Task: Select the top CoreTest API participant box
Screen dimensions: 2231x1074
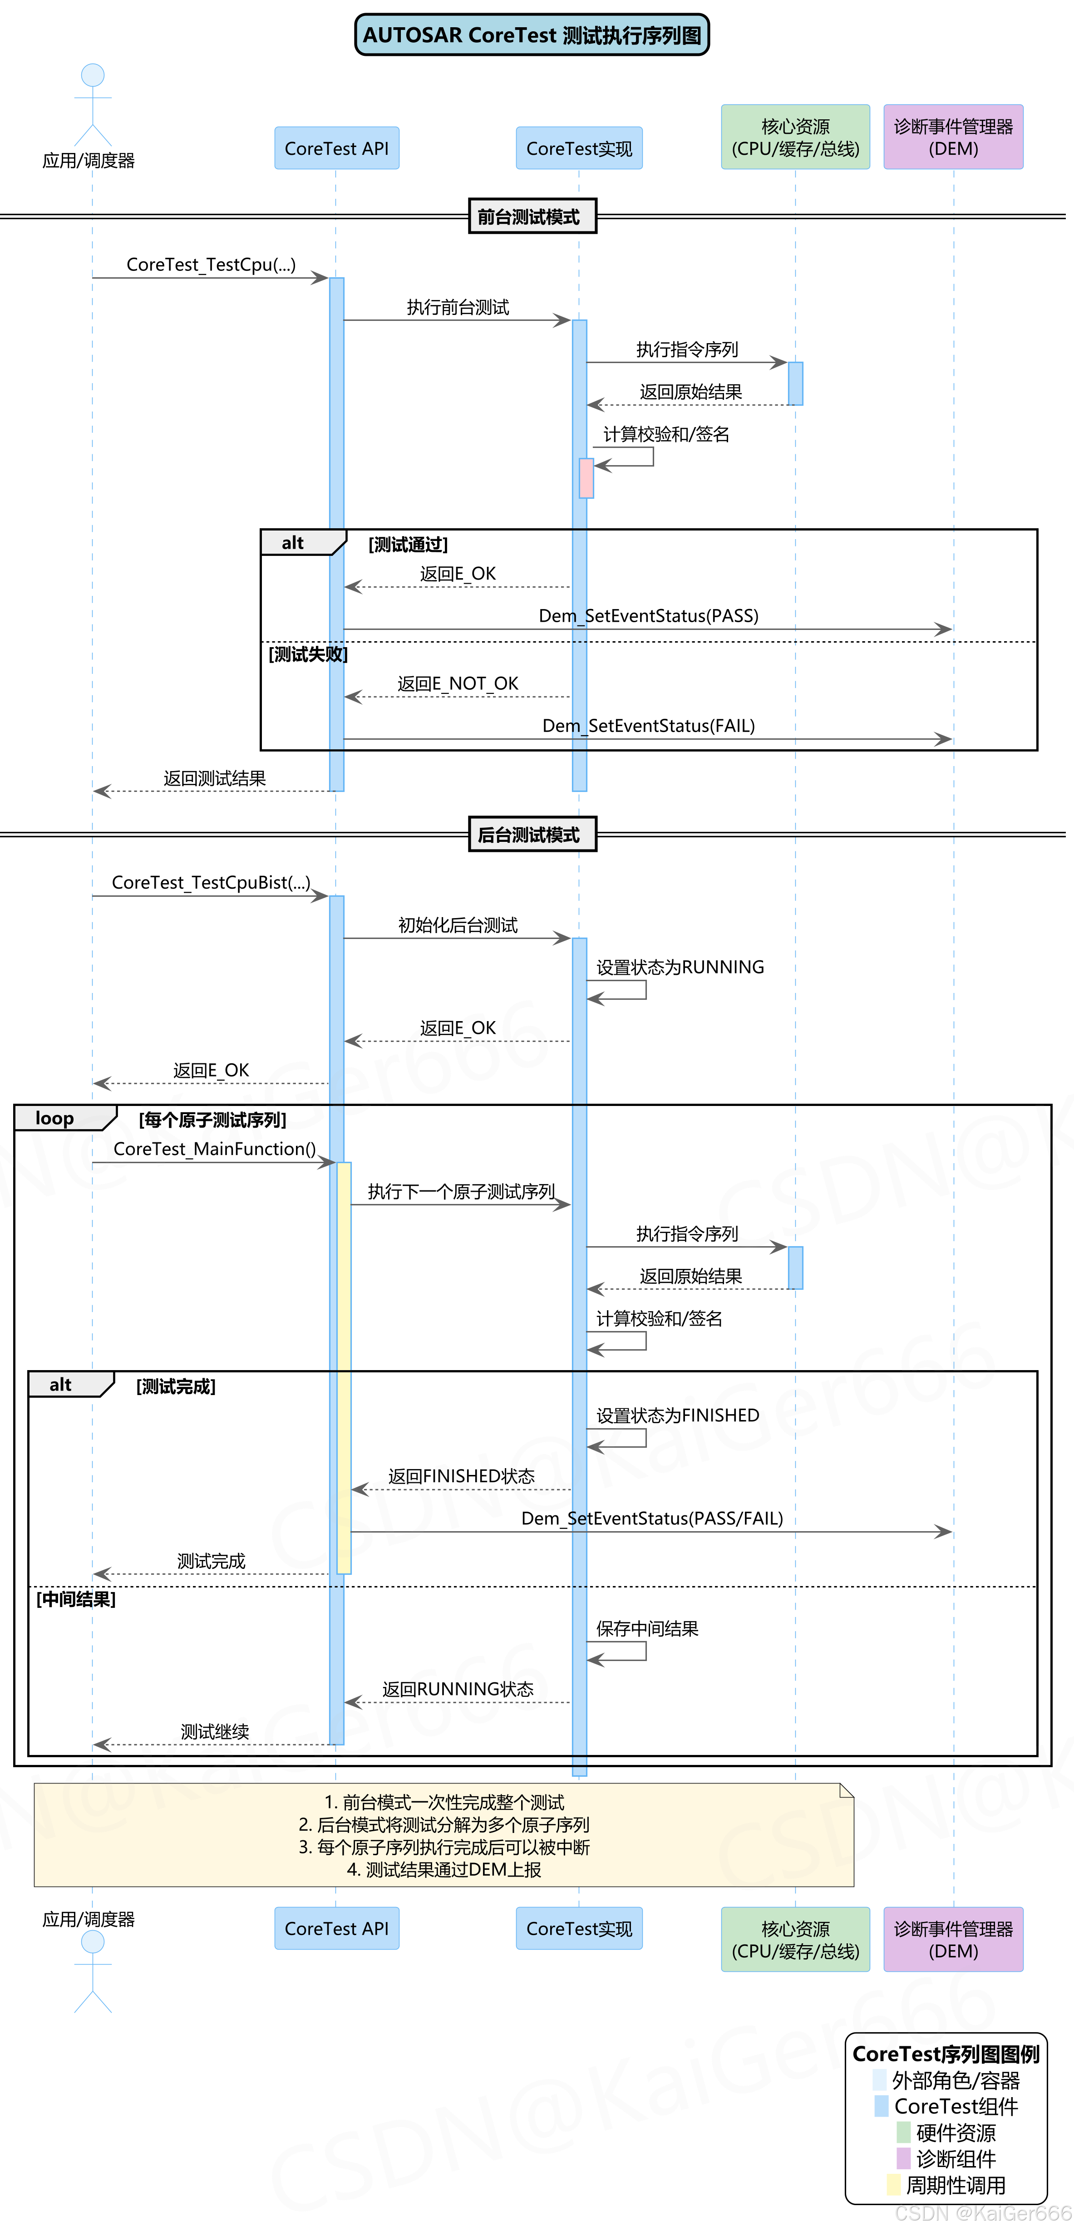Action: tap(336, 148)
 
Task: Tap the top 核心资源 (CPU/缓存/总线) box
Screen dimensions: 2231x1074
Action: tap(795, 137)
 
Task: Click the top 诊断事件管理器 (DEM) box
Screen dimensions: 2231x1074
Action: tap(953, 137)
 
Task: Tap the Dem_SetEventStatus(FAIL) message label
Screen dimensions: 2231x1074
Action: tap(648, 726)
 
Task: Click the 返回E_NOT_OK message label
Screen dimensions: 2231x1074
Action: tap(457, 683)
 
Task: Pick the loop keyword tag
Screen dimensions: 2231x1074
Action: tap(54, 1118)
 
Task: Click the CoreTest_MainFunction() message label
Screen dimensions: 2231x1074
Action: tap(214, 1149)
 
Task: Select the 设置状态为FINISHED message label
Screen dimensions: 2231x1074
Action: tap(677, 1415)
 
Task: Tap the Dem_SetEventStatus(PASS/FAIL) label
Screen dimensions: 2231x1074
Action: tap(651, 1518)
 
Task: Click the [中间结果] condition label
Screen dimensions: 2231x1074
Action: tap(75, 1599)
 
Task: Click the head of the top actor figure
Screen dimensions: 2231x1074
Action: tap(93, 75)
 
